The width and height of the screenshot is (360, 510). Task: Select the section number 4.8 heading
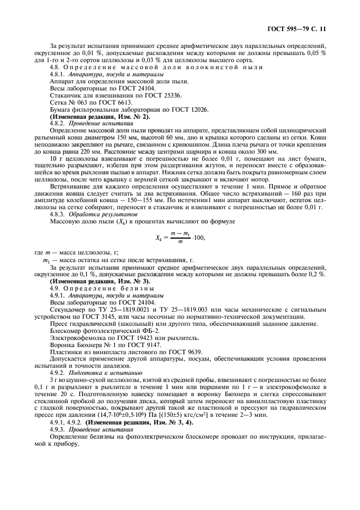click(56, 66)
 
